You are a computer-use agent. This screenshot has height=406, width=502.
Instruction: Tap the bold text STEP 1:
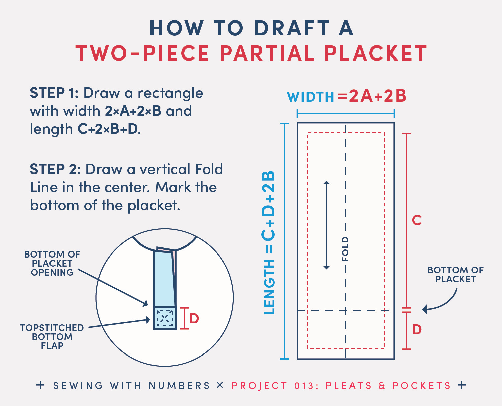pyautogui.click(x=54, y=93)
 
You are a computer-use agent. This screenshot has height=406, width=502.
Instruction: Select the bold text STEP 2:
pyautogui.click(x=55, y=169)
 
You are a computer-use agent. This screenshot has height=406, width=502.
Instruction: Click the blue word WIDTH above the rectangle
pyautogui.click(x=310, y=97)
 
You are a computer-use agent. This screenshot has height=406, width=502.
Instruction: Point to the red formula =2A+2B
pyautogui.click(x=372, y=96)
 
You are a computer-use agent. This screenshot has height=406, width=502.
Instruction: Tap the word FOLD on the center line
pyautogui.click(x=345, y=249)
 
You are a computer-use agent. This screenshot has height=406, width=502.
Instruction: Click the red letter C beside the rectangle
pyautogui.click(x=417, y=220)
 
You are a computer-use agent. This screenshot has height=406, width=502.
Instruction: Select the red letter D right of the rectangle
pyautogui.click(x=417, y=330)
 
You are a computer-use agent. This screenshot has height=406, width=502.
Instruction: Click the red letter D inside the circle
pyautogui.click(x=194, y=319)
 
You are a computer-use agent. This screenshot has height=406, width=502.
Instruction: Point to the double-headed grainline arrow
pyautogui.click(x=327, y=225)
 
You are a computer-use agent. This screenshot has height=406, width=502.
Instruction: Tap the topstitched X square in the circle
pyautogui.click(x=165, y=318)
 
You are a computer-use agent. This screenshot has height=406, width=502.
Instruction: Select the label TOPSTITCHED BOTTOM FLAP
pyautogui.click(x=52, y=337)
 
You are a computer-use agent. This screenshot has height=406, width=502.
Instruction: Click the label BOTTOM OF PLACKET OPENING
pyautogui.click(x=52, y=264)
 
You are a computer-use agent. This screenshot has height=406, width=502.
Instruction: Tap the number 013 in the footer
pyautogui.click(x=304, y=386)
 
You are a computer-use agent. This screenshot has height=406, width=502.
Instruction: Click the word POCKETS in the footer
pyautogui.click(x=421, y=386)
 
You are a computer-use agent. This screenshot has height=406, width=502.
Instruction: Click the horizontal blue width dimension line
pyautogui.click(x=345, y=114)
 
